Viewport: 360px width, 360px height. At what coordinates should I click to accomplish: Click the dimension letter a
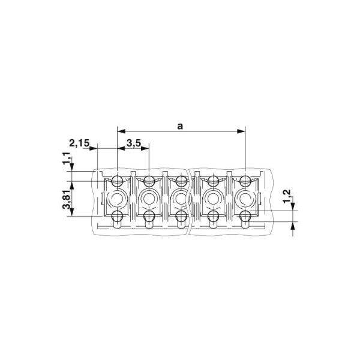pyautogui.click(x=181, y=125)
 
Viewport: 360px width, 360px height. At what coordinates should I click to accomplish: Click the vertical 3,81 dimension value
pyautogui.click(x=67, y=198)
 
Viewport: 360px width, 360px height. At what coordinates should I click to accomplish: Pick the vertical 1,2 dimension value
pyautogui.click(x=286, y=195)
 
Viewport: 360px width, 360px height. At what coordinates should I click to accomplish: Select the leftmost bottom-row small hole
pyautogui.click(x=117, y=216)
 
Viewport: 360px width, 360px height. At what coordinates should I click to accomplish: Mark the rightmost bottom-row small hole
pyautogui.click(x=245, y=216)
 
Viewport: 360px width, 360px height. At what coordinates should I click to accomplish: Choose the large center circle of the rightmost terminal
pyautogui.click(x=244, y=197)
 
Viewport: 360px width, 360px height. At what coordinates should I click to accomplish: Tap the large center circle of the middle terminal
pyautogui.click(x=181, y=197)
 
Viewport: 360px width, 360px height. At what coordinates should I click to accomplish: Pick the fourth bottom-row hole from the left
pyautogui.click(x=213, y=216)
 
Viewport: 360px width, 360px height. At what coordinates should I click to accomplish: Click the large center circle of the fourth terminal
pyautogui.click(x=212, y=197)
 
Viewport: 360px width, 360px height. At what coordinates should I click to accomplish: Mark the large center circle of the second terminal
pyautogui.click(x=148, y=197)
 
